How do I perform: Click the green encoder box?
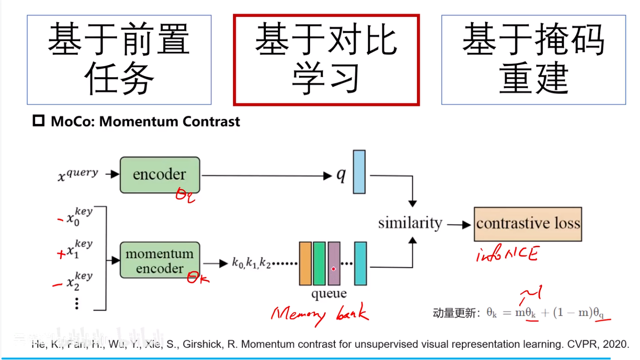point(159,174)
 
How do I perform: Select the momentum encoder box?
point(159,261)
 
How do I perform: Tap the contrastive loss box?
point(528,224)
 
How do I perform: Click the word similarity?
point(410,223)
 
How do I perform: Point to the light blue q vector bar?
point(359,172)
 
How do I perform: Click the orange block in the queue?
point(305,263)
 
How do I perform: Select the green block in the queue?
point(319,263)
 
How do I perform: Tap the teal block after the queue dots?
point(360,263)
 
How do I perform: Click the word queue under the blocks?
point(329,293)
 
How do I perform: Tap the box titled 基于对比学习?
point(326,60)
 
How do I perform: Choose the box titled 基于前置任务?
point(119,60)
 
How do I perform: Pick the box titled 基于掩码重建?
point(534,60)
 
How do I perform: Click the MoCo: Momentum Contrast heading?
point(145,121)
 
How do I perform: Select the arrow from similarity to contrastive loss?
point(459,224)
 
